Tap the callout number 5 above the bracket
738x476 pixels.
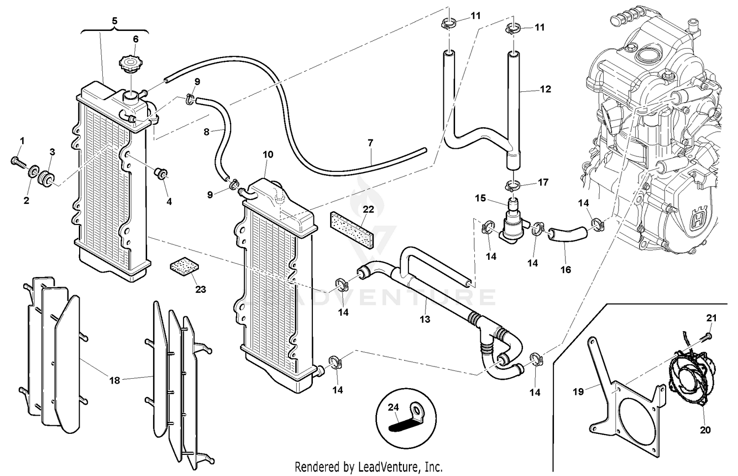(x=115, y=21)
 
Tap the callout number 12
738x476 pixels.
(x=545, y=89)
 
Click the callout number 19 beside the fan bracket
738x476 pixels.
(x=578, y=392)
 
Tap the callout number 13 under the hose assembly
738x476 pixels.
(x=425, y=319)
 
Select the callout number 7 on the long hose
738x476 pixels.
(x=370, y=143)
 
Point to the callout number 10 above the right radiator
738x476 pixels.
(x=267, y=154)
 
